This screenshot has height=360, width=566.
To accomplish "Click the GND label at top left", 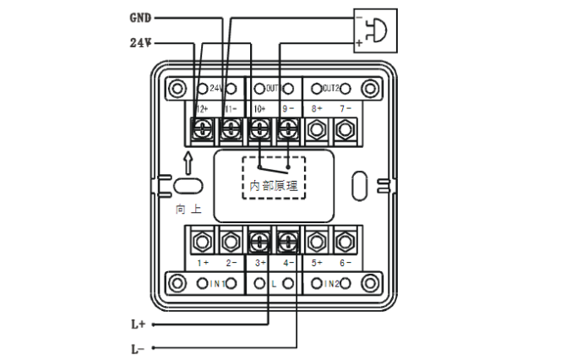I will [x=140, y=17].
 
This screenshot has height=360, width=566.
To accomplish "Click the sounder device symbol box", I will [x=375, y=30].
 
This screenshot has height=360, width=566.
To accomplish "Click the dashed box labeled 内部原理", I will [x=274, y=177].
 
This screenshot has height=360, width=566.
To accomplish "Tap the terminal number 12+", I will [x=202, y=109].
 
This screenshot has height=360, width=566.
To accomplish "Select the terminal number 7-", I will [x=345, y=109].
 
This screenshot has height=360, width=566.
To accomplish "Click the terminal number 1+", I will [x=203, y=263].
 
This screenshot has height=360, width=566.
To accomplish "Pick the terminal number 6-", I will [x=345, y=263].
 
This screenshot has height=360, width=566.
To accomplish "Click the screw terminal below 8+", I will [x=316, y=129].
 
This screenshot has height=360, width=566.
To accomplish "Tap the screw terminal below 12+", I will [x=203, y=129].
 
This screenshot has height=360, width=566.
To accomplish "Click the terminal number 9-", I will [x=287, y=109].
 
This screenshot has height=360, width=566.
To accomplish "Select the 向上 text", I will [x=188, y=210].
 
